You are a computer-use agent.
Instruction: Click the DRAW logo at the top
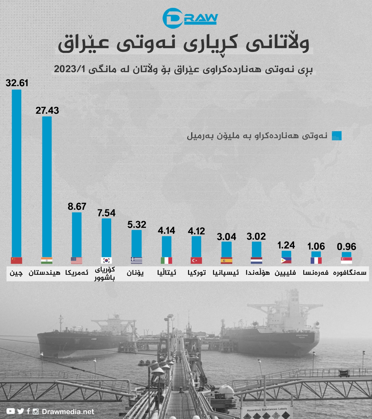click(x=190, y=18)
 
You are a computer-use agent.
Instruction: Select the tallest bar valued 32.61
click(x=17, y=173)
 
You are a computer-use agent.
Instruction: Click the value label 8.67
click(x=77, y=207)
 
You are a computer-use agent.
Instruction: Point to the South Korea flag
click(x=107, y=261)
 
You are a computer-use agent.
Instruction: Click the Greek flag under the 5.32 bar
click(x=136, y=261)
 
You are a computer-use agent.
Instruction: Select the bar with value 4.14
click(x=167, y=246)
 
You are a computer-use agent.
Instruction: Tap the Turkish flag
click(x=196, y=261)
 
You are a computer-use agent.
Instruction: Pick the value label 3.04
click(x=226, y=237)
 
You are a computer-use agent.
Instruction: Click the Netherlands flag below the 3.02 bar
click(x=256, y=261)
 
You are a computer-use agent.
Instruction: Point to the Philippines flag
click(x=286, y=261)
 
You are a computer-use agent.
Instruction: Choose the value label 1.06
click(x=316, y=246)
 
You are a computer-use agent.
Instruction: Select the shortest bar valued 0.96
click(x=346, y=254)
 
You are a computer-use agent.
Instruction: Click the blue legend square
click(x=337, y=136)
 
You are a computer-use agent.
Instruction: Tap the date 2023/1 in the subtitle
click(x=70, y=69)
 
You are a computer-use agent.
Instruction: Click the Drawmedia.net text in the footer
click(x=68, y=412)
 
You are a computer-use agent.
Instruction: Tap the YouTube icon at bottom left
click(x=10, y=411)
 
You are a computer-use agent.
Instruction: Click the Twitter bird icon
click(x=21, y=411)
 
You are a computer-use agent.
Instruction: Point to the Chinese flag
click(x=17, y=261)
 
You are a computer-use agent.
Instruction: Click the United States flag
click(x=77, y=261)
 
